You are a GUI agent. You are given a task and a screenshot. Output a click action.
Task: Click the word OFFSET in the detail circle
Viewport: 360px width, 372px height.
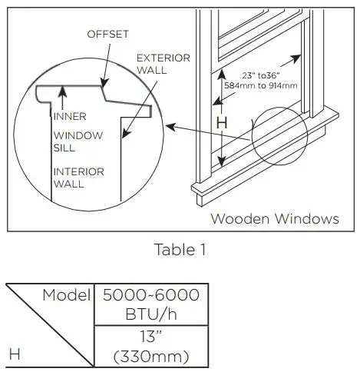coord(108,35)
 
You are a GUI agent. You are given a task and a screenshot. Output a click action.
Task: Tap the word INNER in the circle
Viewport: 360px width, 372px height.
coord(70,117)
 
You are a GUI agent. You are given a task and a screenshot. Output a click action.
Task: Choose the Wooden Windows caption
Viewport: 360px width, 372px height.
coord(274,218)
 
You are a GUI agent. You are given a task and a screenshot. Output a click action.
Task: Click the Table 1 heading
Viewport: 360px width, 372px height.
coord(180,251)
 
